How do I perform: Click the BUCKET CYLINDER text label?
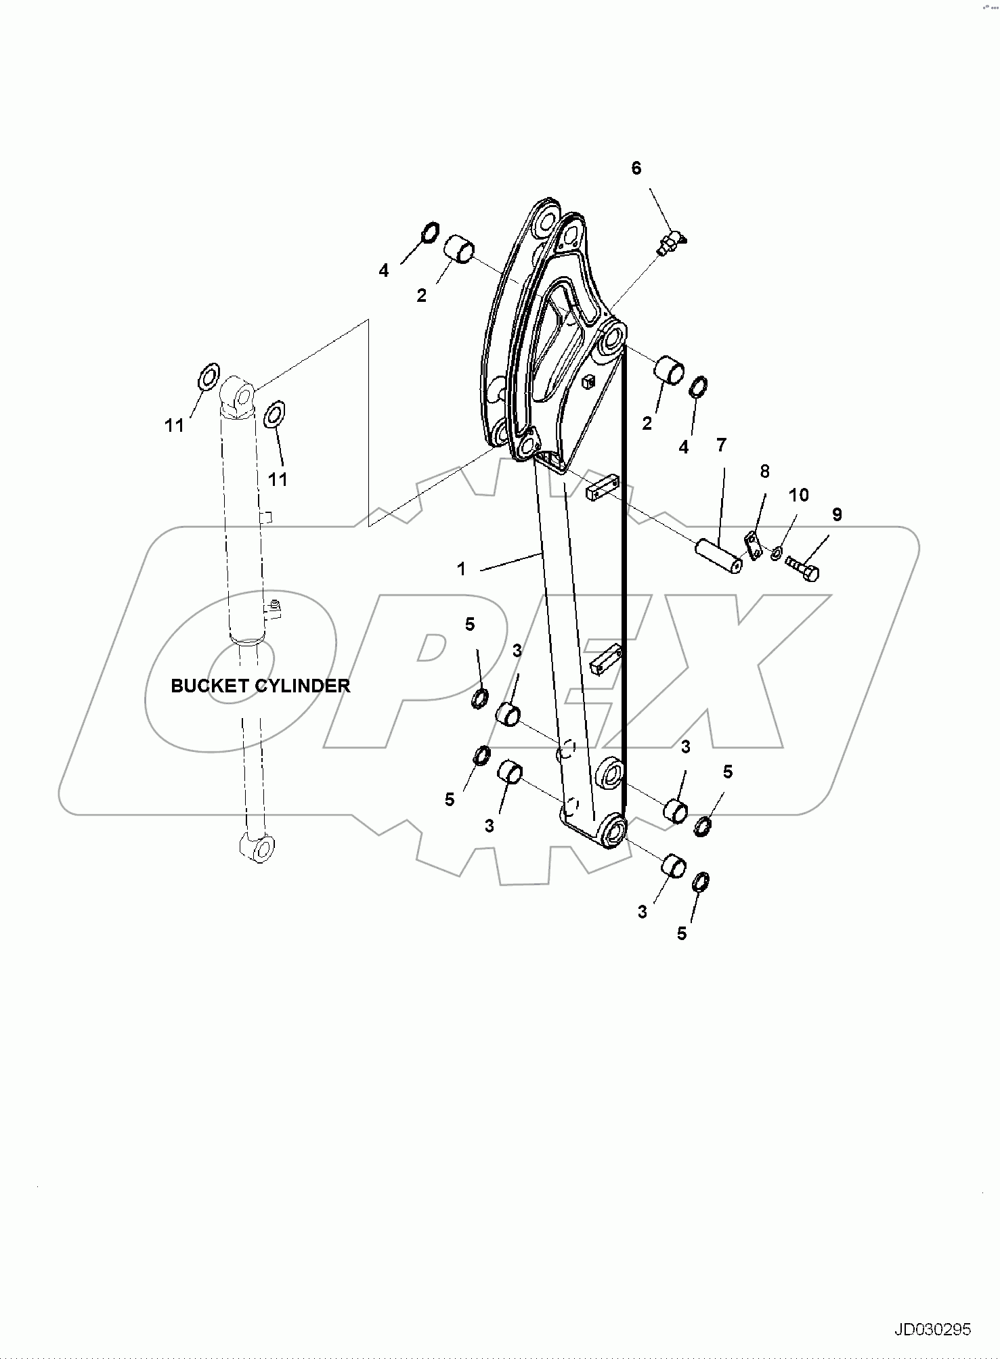(x=260, y=686)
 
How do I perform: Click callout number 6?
(x=636, y=169)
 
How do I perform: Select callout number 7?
(x=721, y=445)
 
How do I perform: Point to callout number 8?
(x=764, y=471)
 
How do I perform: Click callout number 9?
(x=837, y=514)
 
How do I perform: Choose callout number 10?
(x=799, y=495)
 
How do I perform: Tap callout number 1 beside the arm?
(x=462, y=569)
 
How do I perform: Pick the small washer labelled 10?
(x=776, y=554)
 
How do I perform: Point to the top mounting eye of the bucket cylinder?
(x=238, y=392)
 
